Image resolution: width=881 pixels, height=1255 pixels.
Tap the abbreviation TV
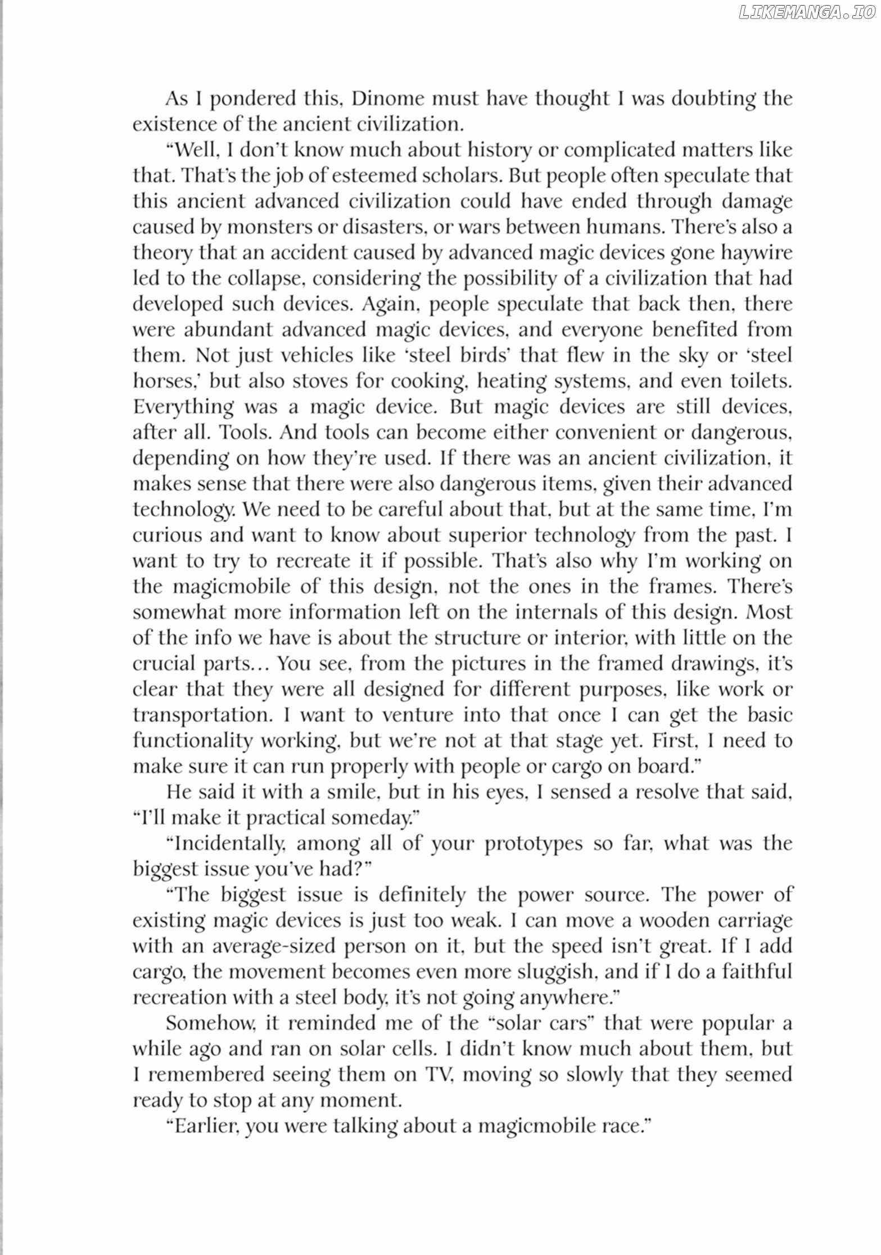tap(435, 1075)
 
